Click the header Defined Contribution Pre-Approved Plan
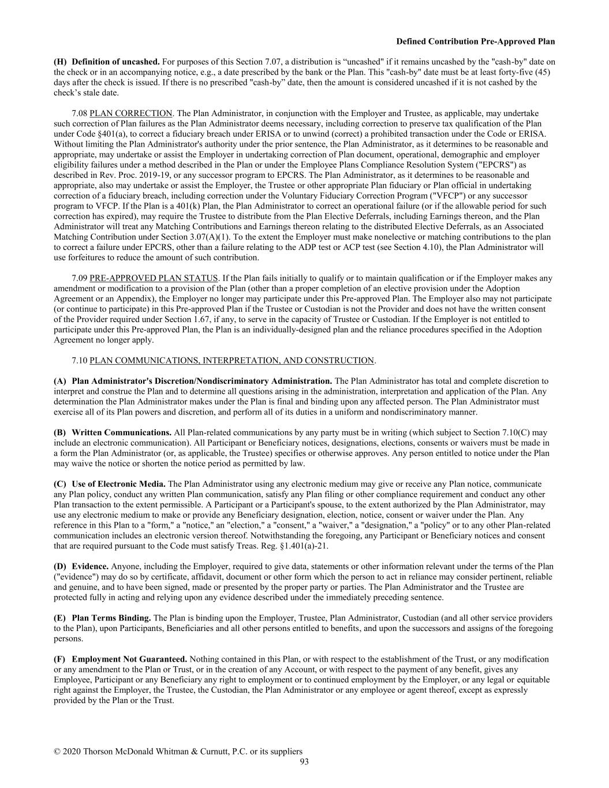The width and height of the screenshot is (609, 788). pyautogui.click(x=476, y=42)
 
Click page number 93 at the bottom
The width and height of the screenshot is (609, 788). pyautogui.click(x=304, y=761)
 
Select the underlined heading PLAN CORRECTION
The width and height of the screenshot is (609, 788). pyautogui.click(x=131, y=113)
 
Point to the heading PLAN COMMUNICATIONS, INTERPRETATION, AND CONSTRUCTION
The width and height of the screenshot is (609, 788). pyautogui.click(x=232, y=360)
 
